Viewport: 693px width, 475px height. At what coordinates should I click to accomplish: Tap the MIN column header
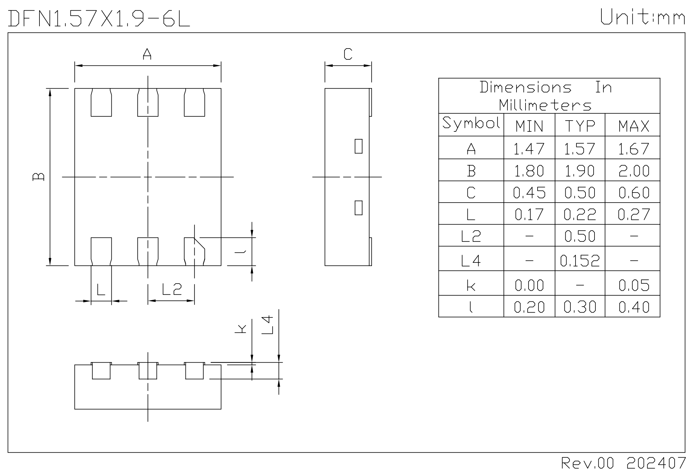click(529, 126)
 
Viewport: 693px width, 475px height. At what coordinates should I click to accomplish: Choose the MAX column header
click(633, 126)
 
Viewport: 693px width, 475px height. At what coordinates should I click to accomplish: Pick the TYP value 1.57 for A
click(579, 149)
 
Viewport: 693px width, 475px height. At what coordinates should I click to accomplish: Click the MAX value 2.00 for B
click(633, 171)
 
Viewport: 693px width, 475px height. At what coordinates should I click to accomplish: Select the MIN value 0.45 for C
click(529, 193)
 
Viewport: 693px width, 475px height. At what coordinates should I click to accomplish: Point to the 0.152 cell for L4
click(580, 260)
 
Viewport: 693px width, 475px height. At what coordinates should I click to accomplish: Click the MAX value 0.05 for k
click(633, 285)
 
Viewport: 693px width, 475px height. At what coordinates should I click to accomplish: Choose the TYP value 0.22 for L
click(579, 214)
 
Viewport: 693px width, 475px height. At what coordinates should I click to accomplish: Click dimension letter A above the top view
click(147, 54)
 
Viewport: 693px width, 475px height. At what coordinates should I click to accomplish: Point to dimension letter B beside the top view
click(38, 177)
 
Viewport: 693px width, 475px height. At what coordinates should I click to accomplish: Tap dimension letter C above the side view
click(348, 54)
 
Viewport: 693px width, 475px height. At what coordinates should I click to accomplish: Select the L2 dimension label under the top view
click(172, 289)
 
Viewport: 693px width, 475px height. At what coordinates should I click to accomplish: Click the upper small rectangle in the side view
click(358, 146)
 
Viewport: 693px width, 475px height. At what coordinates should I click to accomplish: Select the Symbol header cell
click(471, 124)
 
